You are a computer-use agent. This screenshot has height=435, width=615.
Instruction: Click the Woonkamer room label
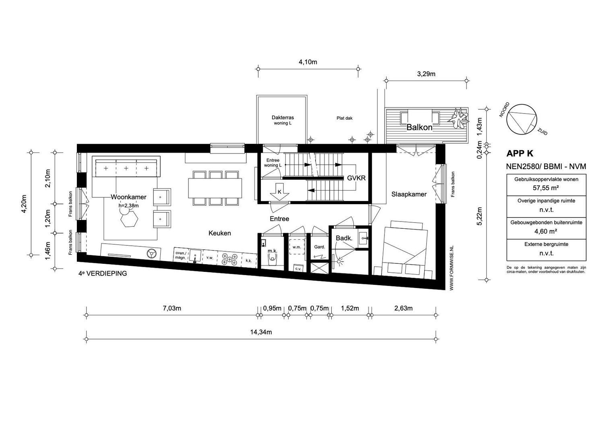pos(128,197)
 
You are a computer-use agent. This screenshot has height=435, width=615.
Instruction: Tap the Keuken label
pos(220,233)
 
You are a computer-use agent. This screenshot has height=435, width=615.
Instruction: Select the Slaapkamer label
pos(409,194)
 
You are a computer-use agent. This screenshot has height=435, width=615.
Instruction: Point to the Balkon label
pos(419,127)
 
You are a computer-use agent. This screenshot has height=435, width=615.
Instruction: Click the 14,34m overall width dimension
pos(261,332)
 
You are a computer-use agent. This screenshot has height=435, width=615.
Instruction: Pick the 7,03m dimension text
pos(172,308)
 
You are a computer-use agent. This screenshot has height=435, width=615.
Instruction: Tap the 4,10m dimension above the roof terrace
pos(308,62)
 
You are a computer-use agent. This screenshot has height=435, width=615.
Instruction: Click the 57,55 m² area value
pos(546,188)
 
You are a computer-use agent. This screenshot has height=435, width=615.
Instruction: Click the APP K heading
pos(520,153)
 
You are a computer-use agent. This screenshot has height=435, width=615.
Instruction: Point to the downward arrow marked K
pos(279,193)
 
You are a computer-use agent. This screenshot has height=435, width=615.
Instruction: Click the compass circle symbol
pos(522,119)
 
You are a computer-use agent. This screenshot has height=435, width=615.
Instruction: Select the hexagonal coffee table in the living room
pos(129,219)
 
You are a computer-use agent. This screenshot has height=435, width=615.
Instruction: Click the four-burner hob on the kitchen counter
pos(229,259)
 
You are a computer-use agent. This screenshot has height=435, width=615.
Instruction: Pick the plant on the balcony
pos(458,118)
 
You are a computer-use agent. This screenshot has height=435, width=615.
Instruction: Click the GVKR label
pos(356,178)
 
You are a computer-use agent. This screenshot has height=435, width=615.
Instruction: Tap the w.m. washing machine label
pos(297,247)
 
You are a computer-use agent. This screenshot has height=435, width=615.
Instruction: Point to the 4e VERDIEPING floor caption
pos(103,273)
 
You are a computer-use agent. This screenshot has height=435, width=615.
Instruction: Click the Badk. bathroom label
pos(344,238)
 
